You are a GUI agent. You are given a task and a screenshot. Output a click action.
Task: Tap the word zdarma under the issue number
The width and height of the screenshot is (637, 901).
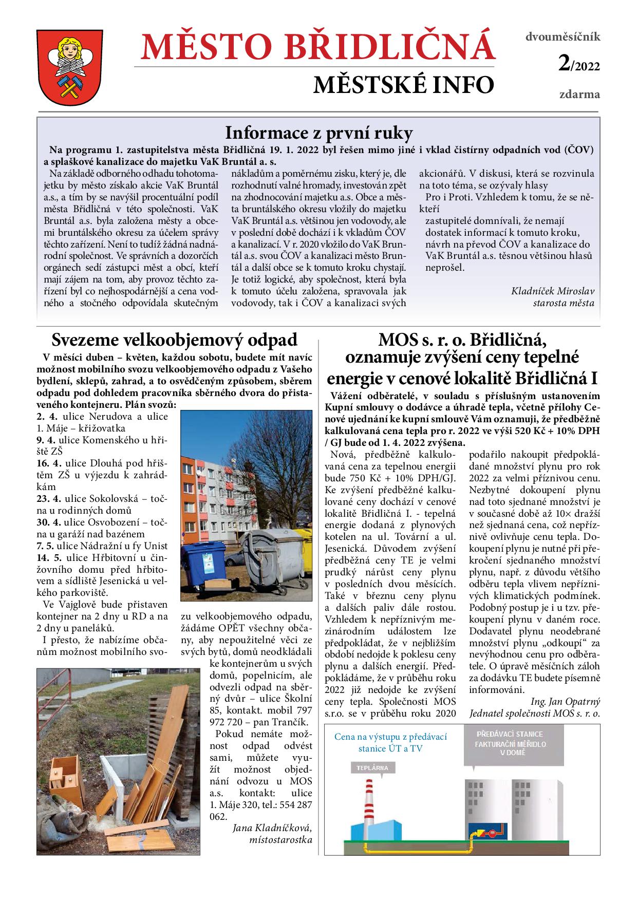(579, 95)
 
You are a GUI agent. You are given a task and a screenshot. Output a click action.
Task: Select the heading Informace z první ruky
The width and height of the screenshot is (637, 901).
(318, 134)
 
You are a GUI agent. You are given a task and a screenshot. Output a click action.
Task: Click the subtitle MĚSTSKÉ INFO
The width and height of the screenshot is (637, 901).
(403, 85)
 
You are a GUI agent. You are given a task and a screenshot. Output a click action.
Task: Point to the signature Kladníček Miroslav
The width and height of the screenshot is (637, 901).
(553, 291)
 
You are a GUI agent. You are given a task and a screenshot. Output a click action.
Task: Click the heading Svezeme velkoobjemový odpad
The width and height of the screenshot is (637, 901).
(175, 340)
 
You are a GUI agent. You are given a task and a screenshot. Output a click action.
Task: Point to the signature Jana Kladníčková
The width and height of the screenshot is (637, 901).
(272, 828)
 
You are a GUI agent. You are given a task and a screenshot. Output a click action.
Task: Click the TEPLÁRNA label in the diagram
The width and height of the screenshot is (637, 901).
(373, 768)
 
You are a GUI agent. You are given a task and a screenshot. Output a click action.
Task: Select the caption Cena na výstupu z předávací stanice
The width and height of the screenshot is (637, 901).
(390, 742)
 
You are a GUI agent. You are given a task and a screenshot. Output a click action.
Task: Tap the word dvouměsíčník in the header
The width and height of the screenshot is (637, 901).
(563, 37)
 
